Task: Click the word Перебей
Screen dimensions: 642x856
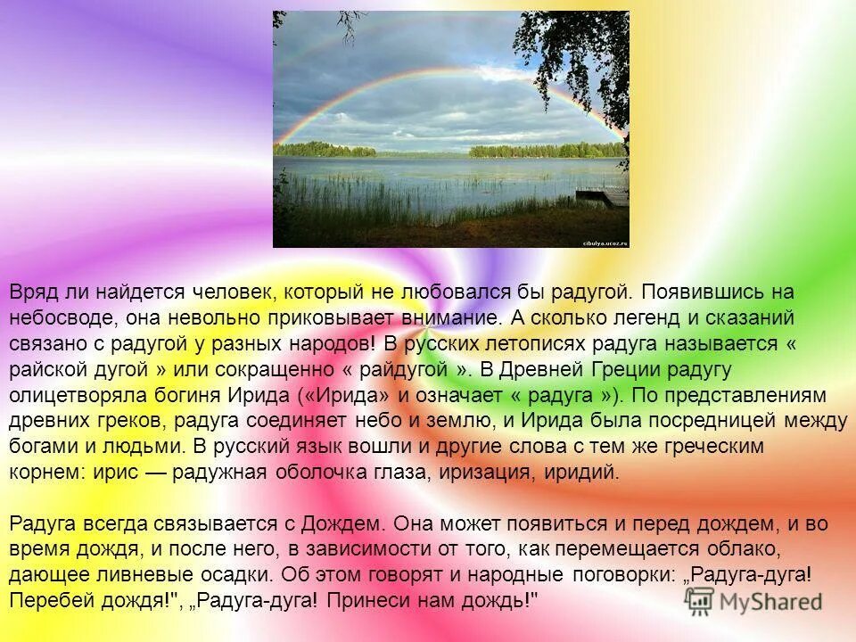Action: click(x=45, y=599)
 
